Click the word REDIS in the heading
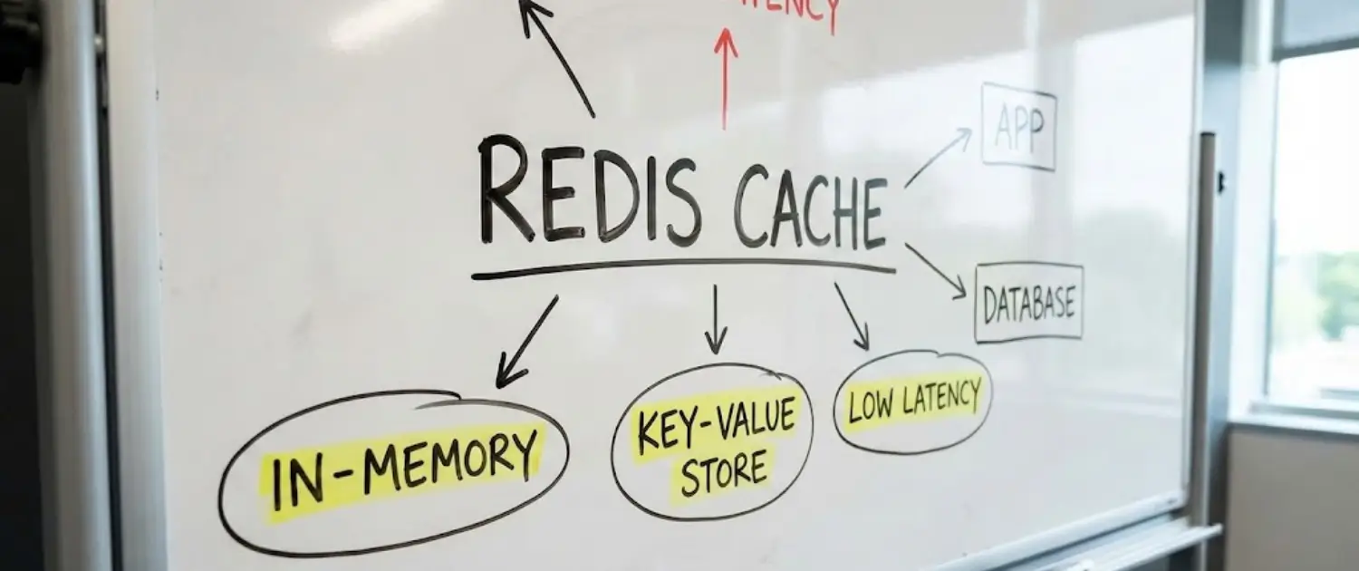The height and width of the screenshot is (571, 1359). [589, 190]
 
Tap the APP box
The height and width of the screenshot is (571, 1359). [1018, 126]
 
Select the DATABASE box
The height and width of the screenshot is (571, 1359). [1029, 303]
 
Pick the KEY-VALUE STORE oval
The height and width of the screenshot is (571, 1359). [712, 442]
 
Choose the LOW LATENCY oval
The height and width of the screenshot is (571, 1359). [912, 401]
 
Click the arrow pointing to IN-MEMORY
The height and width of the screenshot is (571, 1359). [526, 343]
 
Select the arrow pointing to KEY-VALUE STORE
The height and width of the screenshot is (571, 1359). [716, 319]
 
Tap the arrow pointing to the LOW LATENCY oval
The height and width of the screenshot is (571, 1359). [852, 316]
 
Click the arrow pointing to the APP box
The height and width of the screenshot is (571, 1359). [938, 158]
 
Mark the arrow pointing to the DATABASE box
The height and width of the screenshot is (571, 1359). [936, 270]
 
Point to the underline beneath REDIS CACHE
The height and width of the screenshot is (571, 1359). [683, 267]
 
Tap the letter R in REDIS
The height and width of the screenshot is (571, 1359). [504, 190]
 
